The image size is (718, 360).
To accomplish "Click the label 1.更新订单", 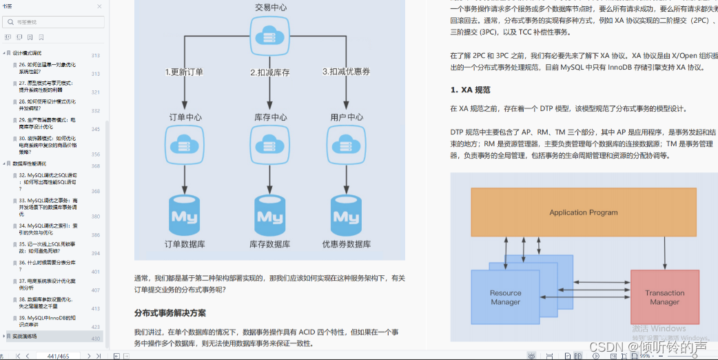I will tap(184, 72).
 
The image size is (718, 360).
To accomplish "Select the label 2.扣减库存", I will tap(269, 72).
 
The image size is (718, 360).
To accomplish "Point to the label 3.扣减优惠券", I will tap(346, 72).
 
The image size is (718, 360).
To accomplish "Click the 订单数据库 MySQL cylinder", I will tap(185, 214).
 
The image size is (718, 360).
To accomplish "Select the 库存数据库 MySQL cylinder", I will tap(270, 214).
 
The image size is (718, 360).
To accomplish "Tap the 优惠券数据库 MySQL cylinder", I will tap(346, 214).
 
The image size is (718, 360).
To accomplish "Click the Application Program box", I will tap(583, 212).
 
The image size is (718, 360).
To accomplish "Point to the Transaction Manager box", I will tap(664, 297).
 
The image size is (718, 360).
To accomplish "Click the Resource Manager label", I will tap(505, 297).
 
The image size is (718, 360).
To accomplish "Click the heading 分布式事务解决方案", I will tap(170, 313).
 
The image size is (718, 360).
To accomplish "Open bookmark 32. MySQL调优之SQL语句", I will tap(48, 179).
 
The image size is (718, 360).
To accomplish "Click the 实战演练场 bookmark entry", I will tap(25, 337).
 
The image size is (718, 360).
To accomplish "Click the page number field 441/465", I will tap(57, 356).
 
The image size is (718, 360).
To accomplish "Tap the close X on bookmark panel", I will tap(99, 6).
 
